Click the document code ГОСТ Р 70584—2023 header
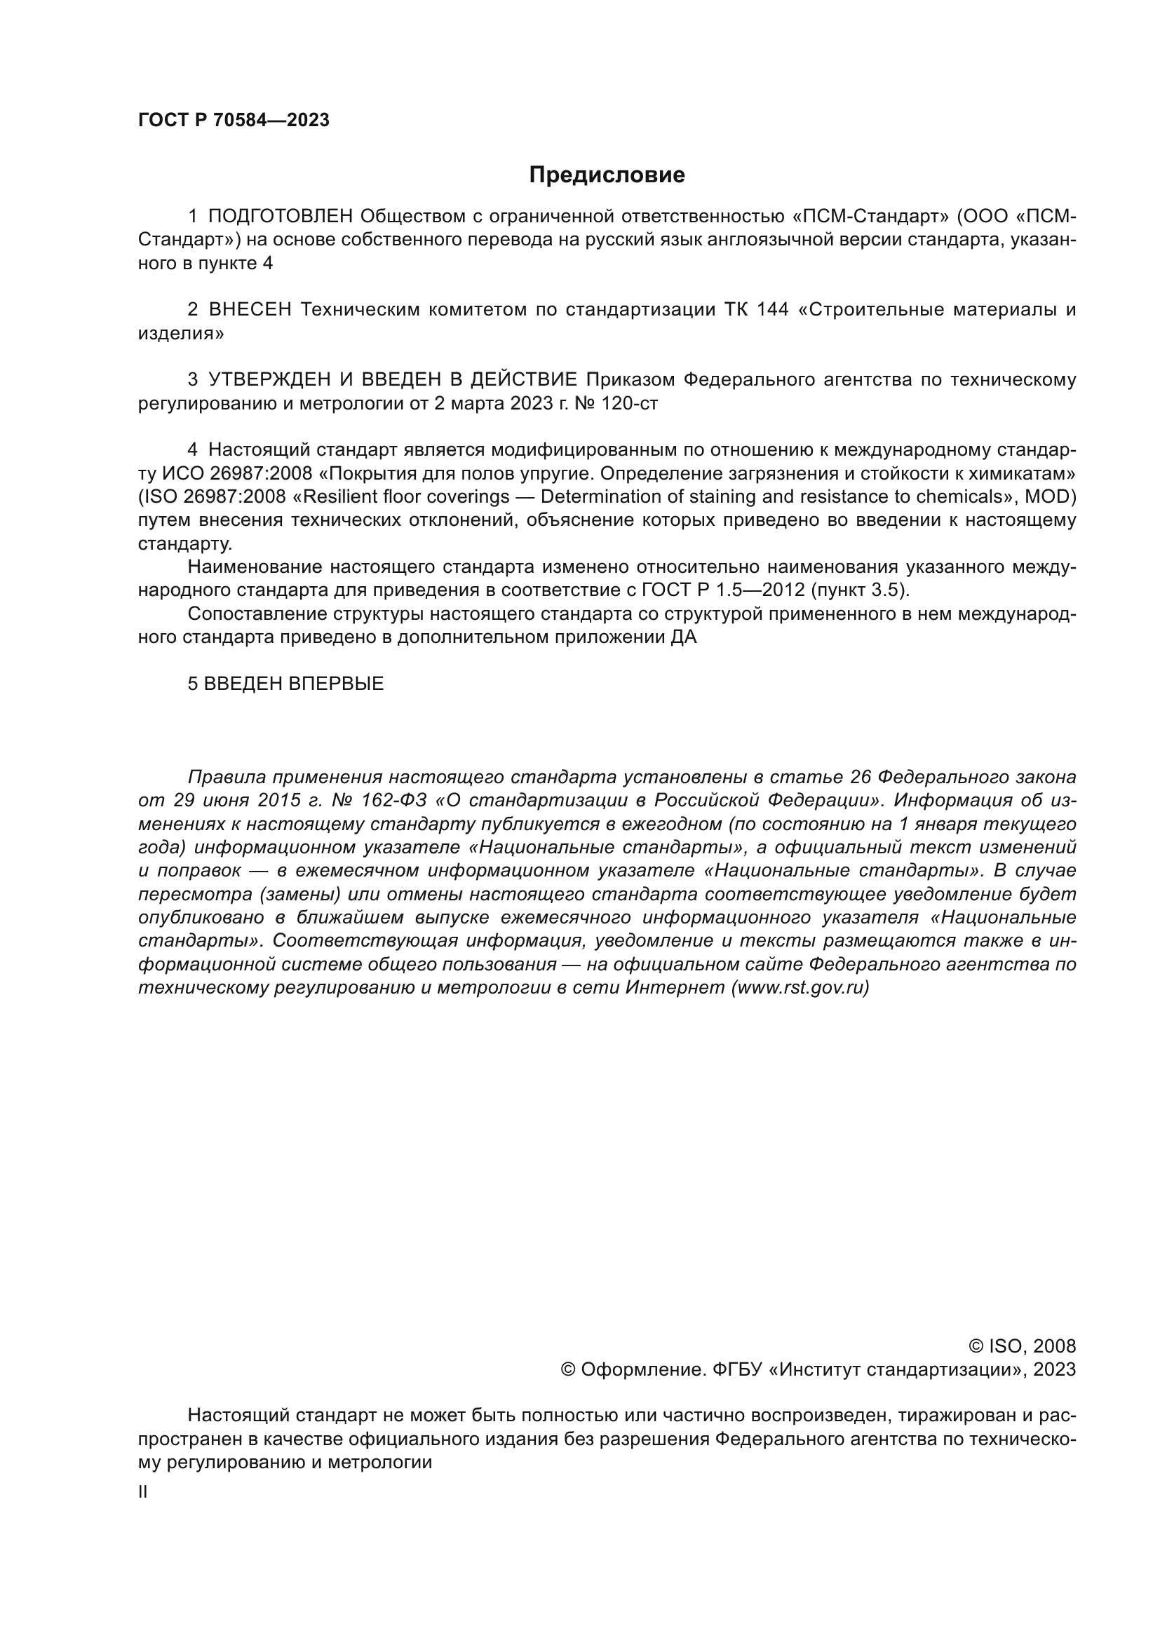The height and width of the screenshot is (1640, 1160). coord(234,120)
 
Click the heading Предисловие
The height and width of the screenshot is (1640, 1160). coord(607,175)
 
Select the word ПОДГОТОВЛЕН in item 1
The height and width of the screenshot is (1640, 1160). coord(281,217)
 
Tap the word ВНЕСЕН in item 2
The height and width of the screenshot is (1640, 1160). coord(250,309)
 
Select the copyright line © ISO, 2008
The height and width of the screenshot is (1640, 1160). coord(1022,1346)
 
